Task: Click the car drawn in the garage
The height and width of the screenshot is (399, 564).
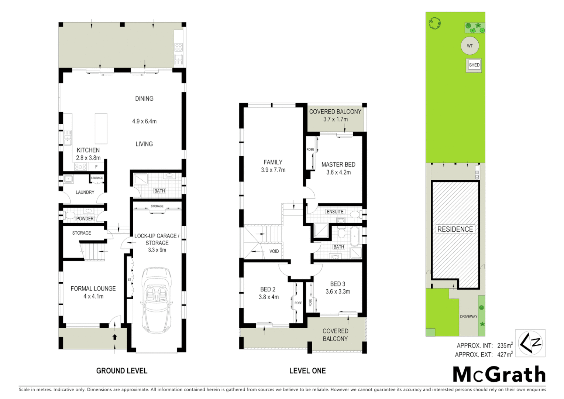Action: [157, 300]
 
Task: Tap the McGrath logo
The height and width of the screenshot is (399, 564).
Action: [499, 375]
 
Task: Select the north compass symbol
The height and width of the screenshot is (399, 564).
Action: [530, 343]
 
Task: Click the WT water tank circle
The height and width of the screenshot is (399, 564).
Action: [470, 46]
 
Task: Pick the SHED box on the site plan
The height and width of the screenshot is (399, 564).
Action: [474, 65]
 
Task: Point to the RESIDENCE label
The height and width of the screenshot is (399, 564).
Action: [455, 229]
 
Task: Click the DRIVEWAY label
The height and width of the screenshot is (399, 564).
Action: [468, 317]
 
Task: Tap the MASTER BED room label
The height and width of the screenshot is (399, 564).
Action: [338, 164]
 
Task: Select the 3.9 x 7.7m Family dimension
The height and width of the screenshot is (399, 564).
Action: [273, 170]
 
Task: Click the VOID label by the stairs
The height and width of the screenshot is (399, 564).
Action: [274, 251]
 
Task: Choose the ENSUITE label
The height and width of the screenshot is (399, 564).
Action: [335, 212]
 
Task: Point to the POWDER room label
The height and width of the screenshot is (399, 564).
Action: [85, 219]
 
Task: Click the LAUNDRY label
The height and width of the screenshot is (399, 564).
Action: [85, 192]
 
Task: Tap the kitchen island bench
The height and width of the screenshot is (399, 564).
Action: [101, 129]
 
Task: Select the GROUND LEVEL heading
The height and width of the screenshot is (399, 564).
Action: [122, 371]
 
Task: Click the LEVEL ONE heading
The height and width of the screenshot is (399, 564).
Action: [307, 371]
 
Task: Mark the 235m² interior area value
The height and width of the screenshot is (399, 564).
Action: [505, 345]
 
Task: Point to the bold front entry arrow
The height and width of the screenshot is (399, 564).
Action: [115, 337]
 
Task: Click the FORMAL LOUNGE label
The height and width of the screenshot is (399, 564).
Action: [93, 289]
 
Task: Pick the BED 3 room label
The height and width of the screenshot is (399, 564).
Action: [338, 284]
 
